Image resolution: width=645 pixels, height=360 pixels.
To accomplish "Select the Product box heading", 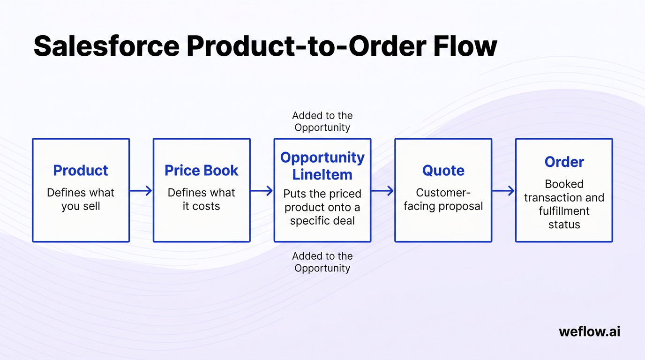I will [81, 170].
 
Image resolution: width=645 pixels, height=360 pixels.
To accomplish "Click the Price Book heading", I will [202, 170].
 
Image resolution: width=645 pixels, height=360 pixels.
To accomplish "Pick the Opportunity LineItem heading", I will [322, 166].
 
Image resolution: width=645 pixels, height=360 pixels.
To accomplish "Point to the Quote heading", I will [443, 170].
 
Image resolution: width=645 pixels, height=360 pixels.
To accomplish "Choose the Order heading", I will [564, 162].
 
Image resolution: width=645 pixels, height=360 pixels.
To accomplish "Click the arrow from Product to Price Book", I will [141, 190].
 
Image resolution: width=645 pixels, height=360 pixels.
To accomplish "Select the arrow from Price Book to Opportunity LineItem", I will [262, 190].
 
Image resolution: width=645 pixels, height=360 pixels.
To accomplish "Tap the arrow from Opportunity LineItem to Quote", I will [382, 190].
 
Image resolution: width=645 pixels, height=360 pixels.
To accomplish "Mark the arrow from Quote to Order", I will [503, 190].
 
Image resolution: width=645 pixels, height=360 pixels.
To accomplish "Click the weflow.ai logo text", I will [589, 331].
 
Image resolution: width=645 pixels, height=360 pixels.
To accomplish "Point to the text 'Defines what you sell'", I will [81, 199].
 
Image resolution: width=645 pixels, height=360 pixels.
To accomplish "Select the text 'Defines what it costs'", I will [202, 199].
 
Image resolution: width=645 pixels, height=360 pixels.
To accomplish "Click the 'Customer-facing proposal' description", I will [443, 199].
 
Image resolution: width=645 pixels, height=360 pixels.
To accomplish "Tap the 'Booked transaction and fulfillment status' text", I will [564, 204].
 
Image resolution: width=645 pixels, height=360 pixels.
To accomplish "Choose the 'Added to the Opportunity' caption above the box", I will [322, 121].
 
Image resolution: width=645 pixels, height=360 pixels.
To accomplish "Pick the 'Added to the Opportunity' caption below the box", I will [322, 262].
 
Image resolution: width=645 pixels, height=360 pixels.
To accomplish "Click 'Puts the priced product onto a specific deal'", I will [322, 207].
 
